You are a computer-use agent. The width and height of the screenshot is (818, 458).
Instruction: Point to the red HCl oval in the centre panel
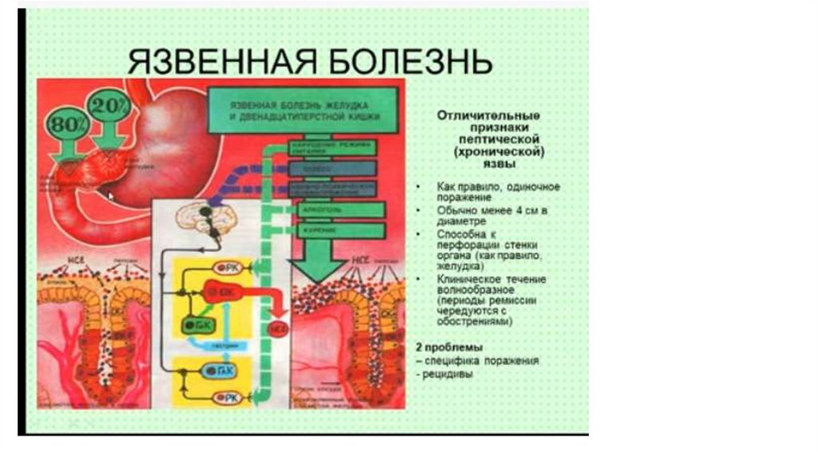[x=276, y=328]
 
